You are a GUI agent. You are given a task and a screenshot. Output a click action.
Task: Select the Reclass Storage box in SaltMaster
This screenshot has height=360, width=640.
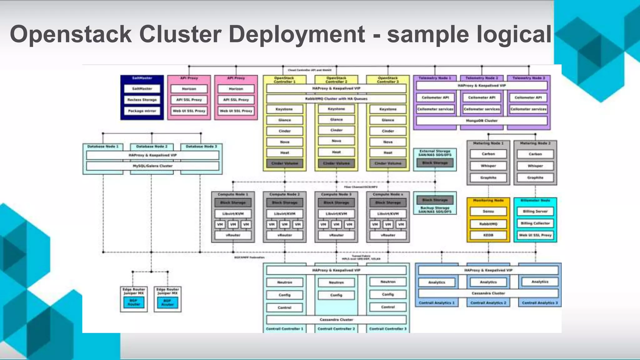coord(142,100)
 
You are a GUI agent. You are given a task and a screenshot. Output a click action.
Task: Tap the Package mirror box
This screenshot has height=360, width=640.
coord(142,111)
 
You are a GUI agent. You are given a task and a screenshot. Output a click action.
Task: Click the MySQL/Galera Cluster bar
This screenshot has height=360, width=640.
coord(152,166)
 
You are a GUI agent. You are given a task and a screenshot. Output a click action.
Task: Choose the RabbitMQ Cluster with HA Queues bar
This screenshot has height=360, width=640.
coord(336,99)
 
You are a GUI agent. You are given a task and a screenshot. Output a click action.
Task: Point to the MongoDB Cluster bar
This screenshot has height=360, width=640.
coord(482,121)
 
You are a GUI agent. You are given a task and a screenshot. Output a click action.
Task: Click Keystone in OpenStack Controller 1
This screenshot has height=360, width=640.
coord(284,109)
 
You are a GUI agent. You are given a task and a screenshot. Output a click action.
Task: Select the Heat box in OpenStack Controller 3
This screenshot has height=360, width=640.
coord(388,152)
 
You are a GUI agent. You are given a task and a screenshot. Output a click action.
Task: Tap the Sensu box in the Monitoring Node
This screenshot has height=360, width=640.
coord(488,212)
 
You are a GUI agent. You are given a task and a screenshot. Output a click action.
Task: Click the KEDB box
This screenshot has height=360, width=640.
coord(488,235)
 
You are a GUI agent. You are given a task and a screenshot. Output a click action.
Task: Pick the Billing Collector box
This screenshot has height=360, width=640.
coord(535,223)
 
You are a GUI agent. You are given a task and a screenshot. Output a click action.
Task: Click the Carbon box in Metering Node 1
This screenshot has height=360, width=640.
coord(488,154)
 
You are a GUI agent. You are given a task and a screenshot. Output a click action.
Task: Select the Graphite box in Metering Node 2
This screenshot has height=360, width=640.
coord(535,177)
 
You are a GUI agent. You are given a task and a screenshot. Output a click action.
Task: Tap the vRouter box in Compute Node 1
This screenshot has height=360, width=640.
coord(233,235)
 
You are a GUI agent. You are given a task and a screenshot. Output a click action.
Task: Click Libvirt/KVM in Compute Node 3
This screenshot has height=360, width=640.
coord(336,214)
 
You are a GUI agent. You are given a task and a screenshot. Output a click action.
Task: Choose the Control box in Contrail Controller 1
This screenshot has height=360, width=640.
coord(284,307)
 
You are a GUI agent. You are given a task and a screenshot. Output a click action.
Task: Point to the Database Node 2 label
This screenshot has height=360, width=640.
coord(152,146)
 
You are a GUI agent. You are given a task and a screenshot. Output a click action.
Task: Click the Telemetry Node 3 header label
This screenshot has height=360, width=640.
coord(529,78)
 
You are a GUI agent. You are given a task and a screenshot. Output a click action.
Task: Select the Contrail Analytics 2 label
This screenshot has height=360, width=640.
coord(488,303)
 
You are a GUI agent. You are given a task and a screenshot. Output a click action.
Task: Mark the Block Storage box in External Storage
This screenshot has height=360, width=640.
coord(435,162)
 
